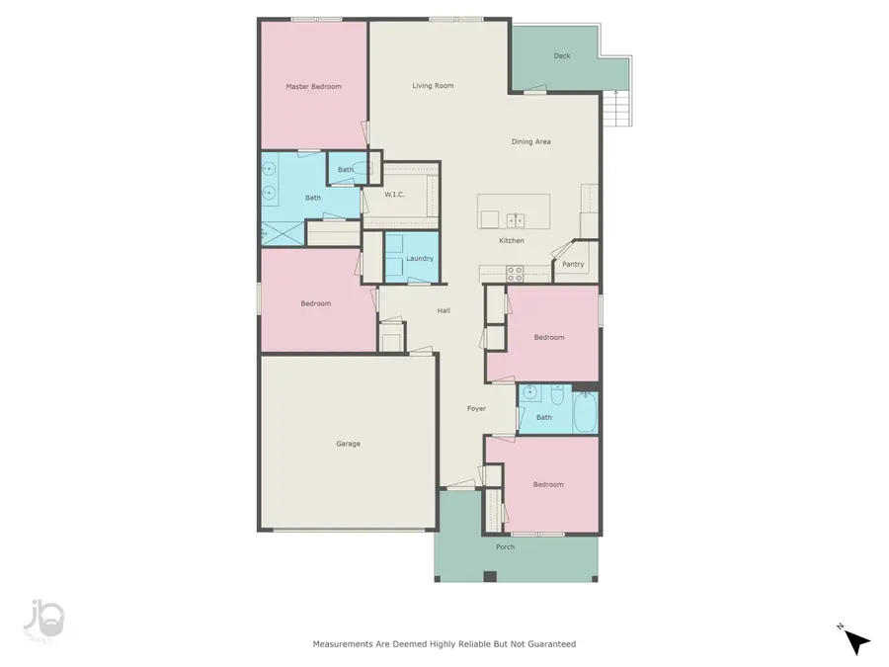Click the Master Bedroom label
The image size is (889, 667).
click(x=313, y=87)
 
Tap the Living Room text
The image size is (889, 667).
click(x=433, y=86)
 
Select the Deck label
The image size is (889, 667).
click(x=562, y=56)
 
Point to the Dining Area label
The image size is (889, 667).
click(x=530, y=142)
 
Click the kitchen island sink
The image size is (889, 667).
click(x=515, y=219)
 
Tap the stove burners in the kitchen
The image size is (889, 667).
click(x=515, y=272)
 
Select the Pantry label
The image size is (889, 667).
click(x=573, y=265)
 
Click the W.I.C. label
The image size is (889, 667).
click(x=395, y=195)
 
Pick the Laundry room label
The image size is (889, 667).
click(x=420, y=259)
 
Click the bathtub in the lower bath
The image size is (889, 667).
click(x=584, y=412)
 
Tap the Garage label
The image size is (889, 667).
click(x=348, y=444)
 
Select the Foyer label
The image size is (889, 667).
click(x=476, y=408)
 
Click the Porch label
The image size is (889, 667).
click(x=505, y=546)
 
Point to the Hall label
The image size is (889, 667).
click(x=444, y=311)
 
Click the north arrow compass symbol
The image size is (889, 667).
click(x=856, y=642)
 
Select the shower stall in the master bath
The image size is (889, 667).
click(x=283, y=234)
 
